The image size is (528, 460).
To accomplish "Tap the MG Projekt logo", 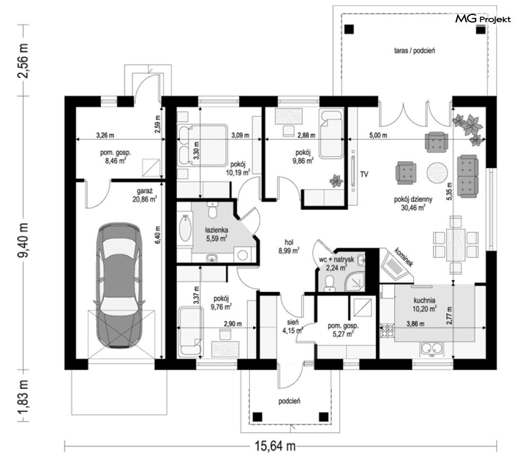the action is [x=483, y=19].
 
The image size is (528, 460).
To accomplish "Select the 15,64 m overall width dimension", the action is [x=275, y=446].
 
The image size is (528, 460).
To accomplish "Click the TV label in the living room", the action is [x=364, y=174].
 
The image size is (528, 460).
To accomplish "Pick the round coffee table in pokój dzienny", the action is [x=437, y=172].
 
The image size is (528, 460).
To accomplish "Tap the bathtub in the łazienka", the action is [x=185, y=228].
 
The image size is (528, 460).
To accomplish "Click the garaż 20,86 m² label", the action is [x=145, y=195].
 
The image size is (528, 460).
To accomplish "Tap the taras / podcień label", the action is [x=414, y=50].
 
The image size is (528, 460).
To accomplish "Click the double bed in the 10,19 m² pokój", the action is [x=203, y=145].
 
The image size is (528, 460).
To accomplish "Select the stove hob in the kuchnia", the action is [x=387, y=331].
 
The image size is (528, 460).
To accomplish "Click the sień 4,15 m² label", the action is [x=292, y=326].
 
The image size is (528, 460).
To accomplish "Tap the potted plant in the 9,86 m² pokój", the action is [x=336, y=181].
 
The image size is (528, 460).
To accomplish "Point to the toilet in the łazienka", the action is [x=212, y=210].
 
